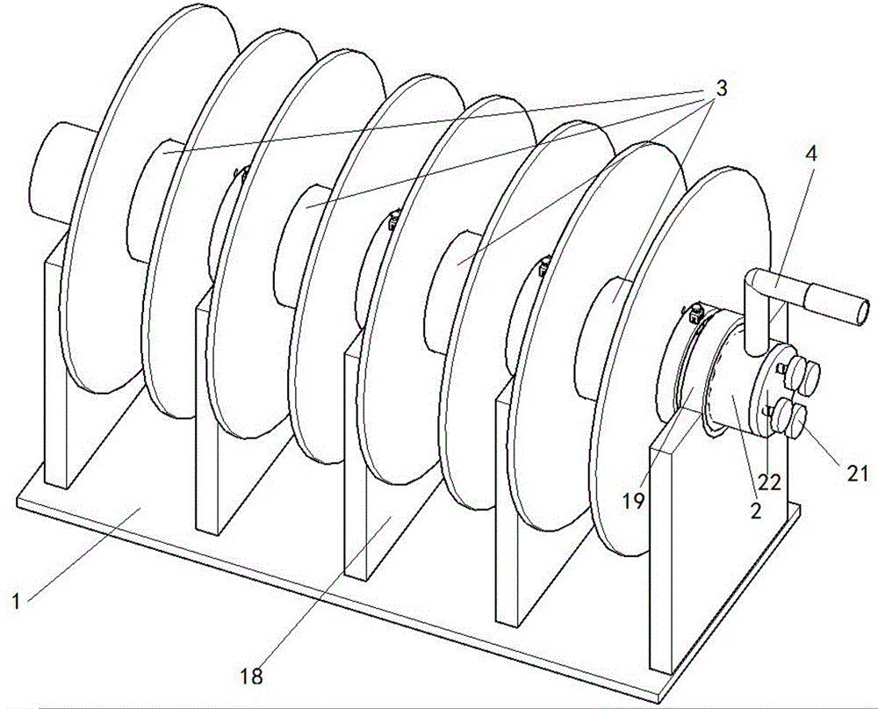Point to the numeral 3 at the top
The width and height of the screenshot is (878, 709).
click(719, 88)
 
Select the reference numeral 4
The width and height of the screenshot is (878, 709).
click(810, 153)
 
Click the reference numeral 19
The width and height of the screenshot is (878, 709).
click(633, 500)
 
